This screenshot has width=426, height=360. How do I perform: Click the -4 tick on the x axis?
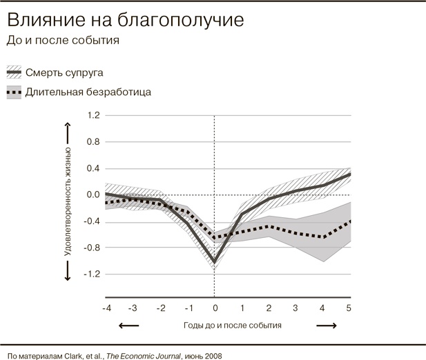[x=107, y=308]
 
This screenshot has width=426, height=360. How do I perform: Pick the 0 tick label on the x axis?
[x=215, y=308]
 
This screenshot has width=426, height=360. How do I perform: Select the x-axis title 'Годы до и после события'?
[x=233, y=324]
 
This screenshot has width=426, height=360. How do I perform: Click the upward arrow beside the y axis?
[x=68, y=131]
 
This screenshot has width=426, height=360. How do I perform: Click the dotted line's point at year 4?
[x=322, y=237]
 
